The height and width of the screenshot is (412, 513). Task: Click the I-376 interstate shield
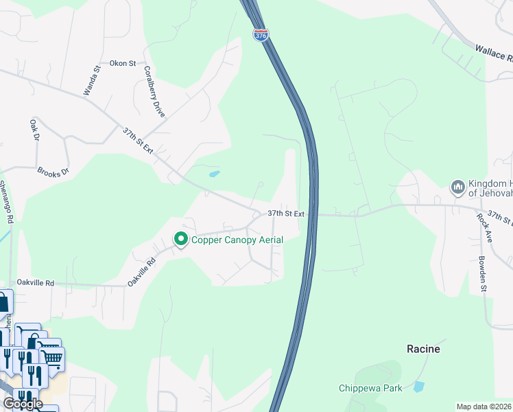(261, 34)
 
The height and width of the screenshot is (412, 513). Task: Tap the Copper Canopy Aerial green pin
(181, 240)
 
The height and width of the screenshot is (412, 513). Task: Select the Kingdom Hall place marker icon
(457, 187)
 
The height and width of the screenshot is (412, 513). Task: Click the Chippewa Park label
(370, 388)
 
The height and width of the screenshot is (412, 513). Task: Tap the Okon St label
(123, 63)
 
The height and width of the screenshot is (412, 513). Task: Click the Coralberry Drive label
(154, 91)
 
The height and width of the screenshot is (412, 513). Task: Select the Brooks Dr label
(53, 172)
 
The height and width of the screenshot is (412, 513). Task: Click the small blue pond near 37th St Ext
(215, 174)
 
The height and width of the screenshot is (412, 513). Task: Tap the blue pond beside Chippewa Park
(418, 387)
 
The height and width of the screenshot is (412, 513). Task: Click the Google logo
(23, 403)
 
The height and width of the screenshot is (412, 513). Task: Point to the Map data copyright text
(483, 407)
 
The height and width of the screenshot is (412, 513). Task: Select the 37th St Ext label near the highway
(286, 214)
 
